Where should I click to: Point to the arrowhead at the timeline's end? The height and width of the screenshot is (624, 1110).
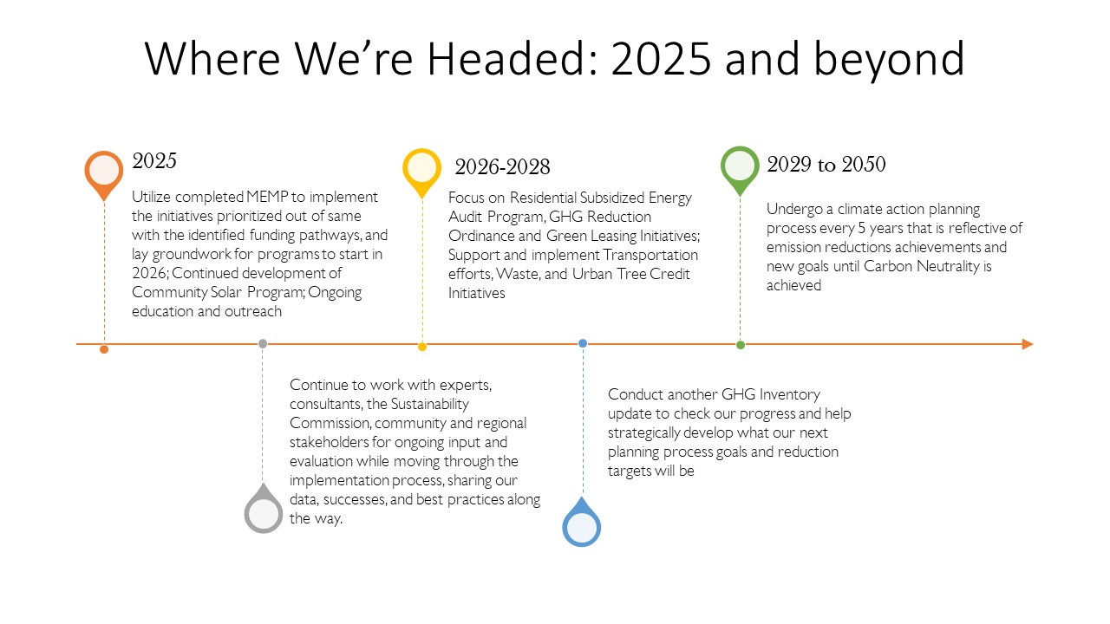tap(1028, 344)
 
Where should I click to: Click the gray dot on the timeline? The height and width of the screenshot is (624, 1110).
tap(263, 344)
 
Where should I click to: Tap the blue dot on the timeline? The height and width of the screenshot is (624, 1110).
tap(583, 343)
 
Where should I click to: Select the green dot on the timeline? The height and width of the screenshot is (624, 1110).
tap(741, 345)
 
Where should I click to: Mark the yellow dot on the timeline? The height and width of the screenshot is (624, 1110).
tap(422, 347)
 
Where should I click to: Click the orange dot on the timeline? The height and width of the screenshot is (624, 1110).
tap(104, 349)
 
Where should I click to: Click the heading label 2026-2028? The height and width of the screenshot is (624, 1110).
tap(502, 167)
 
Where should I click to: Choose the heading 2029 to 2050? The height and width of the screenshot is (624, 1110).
tap(826, 165)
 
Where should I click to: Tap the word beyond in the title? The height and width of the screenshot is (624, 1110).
tap(889, 61)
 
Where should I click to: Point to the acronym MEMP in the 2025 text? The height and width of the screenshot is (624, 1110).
tap(267, 197)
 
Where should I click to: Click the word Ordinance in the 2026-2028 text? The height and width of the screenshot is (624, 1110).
tap(480, 236)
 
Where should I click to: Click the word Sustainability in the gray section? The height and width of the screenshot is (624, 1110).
tap(429, 404)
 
